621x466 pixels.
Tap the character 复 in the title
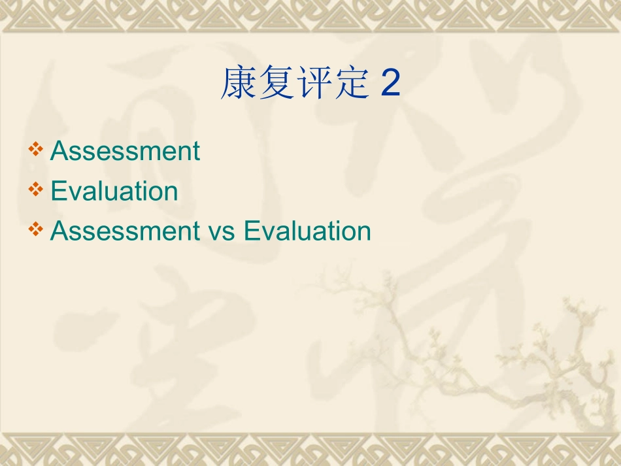(x=277, y=84)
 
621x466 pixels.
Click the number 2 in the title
(x=390, y=85)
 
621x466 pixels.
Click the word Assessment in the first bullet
(x=125, y=151)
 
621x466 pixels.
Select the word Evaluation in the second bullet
(x=114, y=191)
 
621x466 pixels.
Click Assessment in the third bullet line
(x=125, y=231)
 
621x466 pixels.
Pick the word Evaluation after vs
(x=307, y=231)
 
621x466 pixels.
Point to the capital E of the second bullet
(x=57, y=191)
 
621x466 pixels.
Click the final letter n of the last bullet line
(x=365, y=233)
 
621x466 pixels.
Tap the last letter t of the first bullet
(x=196, y=152)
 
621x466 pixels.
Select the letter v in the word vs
(x=214, y=233)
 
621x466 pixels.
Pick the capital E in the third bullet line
(x=250, y=231)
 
